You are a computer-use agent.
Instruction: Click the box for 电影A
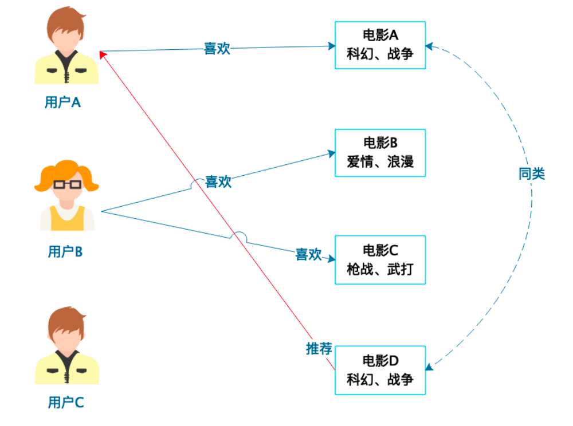(380, 45)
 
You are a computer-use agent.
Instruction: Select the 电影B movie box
(380, 153)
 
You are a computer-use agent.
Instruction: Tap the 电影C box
(380, 260)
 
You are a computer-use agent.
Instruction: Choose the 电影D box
(380, 370)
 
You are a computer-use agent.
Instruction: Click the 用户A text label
(62, 102)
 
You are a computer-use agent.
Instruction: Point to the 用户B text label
(65, 252)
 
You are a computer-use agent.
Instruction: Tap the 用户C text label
(66, 403)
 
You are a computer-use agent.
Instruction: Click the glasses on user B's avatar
(68, 184)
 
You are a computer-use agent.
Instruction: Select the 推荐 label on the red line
(319, 349)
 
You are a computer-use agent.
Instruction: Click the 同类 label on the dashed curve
(532, 173)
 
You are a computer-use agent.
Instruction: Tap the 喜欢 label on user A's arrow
(217, 49)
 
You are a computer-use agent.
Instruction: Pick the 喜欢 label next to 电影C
(308, 254)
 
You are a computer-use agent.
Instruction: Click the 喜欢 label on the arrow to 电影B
(218, 182)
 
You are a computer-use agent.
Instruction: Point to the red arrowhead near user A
(103, 55)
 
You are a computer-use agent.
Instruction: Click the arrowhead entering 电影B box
(331, 153)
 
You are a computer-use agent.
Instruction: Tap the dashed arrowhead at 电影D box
(430, 366)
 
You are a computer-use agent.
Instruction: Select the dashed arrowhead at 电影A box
(430, 46)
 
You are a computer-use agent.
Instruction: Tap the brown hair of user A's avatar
(66, 22)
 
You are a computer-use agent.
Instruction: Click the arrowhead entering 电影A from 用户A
(331, 46)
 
